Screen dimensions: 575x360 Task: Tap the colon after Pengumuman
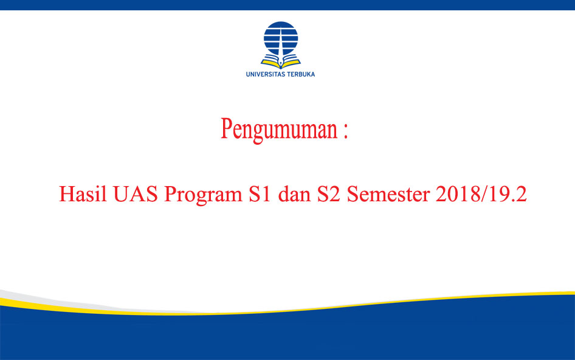pos(345,130)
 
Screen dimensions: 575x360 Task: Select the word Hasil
pos(83,193)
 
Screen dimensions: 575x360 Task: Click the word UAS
pos(136,194)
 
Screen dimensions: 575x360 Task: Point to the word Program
pos(203,195)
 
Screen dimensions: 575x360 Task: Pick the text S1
pos(260,194)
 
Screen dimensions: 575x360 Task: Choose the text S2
pos(329,194)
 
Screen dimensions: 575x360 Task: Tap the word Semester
pos(388,194)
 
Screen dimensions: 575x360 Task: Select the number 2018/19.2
pos(481,194)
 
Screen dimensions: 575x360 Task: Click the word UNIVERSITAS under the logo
pos(266,74)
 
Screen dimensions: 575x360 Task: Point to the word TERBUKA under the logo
pos(301,74)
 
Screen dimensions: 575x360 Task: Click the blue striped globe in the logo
pos(281,38)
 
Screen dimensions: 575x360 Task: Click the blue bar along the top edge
pos(287,5)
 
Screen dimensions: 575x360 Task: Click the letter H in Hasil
pos(67,194)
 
